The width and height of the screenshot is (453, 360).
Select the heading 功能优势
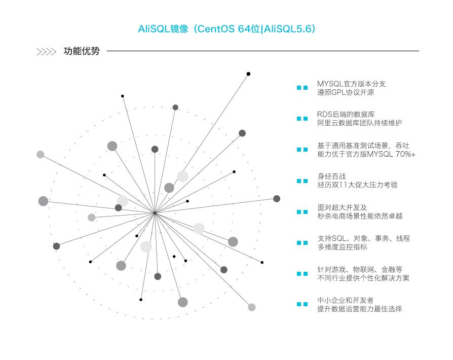click(82, 51)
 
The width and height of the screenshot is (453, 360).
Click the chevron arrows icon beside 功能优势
click(46, 52)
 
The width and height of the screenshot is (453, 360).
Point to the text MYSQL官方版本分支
click(351, 84)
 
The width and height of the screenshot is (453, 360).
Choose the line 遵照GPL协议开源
click(346, 92)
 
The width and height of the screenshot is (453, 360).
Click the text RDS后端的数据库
click(346, 115)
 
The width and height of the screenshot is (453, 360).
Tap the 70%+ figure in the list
click(405, 154)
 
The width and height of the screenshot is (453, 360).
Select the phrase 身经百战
click(331, 176)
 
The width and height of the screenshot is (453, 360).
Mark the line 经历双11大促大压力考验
click(357, 185)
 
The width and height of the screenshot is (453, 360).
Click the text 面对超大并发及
click(342, 207)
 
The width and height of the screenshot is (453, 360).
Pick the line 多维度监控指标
click(342, 247)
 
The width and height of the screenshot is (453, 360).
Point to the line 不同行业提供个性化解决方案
click(363, 278)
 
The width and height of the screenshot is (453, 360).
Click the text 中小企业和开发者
click(345, 301)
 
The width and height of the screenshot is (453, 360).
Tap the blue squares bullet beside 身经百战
click(302, 181)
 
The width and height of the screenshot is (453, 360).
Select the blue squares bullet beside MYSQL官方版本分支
click(302, 88)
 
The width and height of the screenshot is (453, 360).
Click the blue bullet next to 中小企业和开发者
click(302, 304)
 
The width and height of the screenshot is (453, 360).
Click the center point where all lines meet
click(155, 213)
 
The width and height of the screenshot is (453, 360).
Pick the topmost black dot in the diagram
click(248, 74)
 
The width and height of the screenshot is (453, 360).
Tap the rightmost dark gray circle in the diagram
click(277, 199)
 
